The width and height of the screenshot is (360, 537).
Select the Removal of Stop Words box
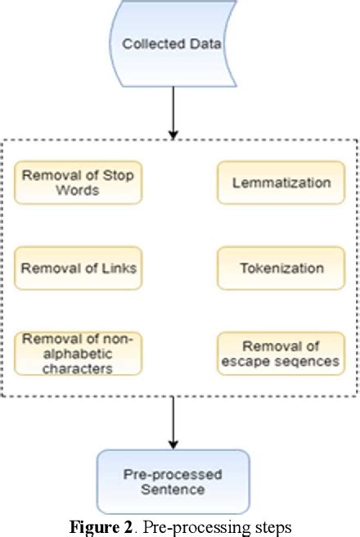click(78, 183)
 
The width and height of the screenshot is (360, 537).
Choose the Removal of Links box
click(78, 268)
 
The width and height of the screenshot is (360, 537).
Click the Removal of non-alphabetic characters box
click(78, 354)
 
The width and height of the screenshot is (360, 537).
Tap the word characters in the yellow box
click(78, 368)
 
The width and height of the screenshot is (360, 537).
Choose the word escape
click(250, 361)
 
